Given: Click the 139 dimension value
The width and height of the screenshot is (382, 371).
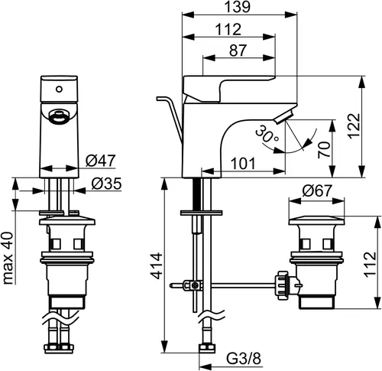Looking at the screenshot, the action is point(238,7).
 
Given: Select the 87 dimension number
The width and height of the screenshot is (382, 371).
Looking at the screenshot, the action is point(238,50).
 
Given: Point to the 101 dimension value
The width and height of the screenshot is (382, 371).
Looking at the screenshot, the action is point(243,164).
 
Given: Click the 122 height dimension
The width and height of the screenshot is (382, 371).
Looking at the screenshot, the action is point(354,126).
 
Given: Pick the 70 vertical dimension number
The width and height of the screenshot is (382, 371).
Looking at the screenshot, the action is point(324,150).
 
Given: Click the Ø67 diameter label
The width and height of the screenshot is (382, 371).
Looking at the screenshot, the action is point(317,190).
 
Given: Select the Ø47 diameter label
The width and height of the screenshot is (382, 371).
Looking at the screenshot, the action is point(100,161).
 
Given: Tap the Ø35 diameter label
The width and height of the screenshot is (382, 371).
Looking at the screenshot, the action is point(106,184).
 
